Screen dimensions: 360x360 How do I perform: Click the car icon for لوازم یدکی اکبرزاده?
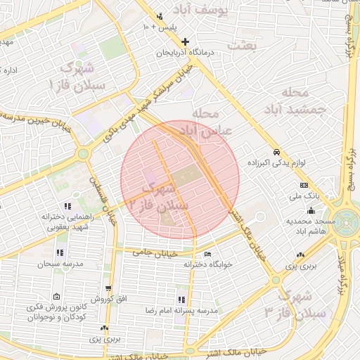click(x=277, y=152)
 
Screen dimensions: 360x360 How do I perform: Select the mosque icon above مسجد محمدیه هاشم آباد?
click(x=311, y=210)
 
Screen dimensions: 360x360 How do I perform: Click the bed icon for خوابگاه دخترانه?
click(x=207, y=255)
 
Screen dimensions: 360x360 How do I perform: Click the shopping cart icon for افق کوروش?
click(x=108, y=288)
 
